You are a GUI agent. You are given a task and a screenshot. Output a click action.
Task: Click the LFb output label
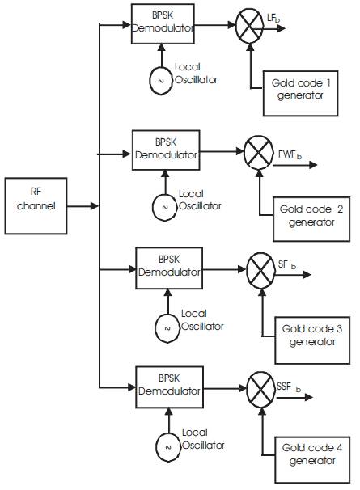(273, 19)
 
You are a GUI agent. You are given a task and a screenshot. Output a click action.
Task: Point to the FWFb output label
(290, 154)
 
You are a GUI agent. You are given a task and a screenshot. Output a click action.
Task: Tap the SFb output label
(287, 264)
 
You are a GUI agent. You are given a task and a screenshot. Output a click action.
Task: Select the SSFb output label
(288, 387)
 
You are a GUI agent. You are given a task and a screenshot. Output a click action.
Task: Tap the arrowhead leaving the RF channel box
(95, 206)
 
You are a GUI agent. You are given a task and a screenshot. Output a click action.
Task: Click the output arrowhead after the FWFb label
(313, 165)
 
